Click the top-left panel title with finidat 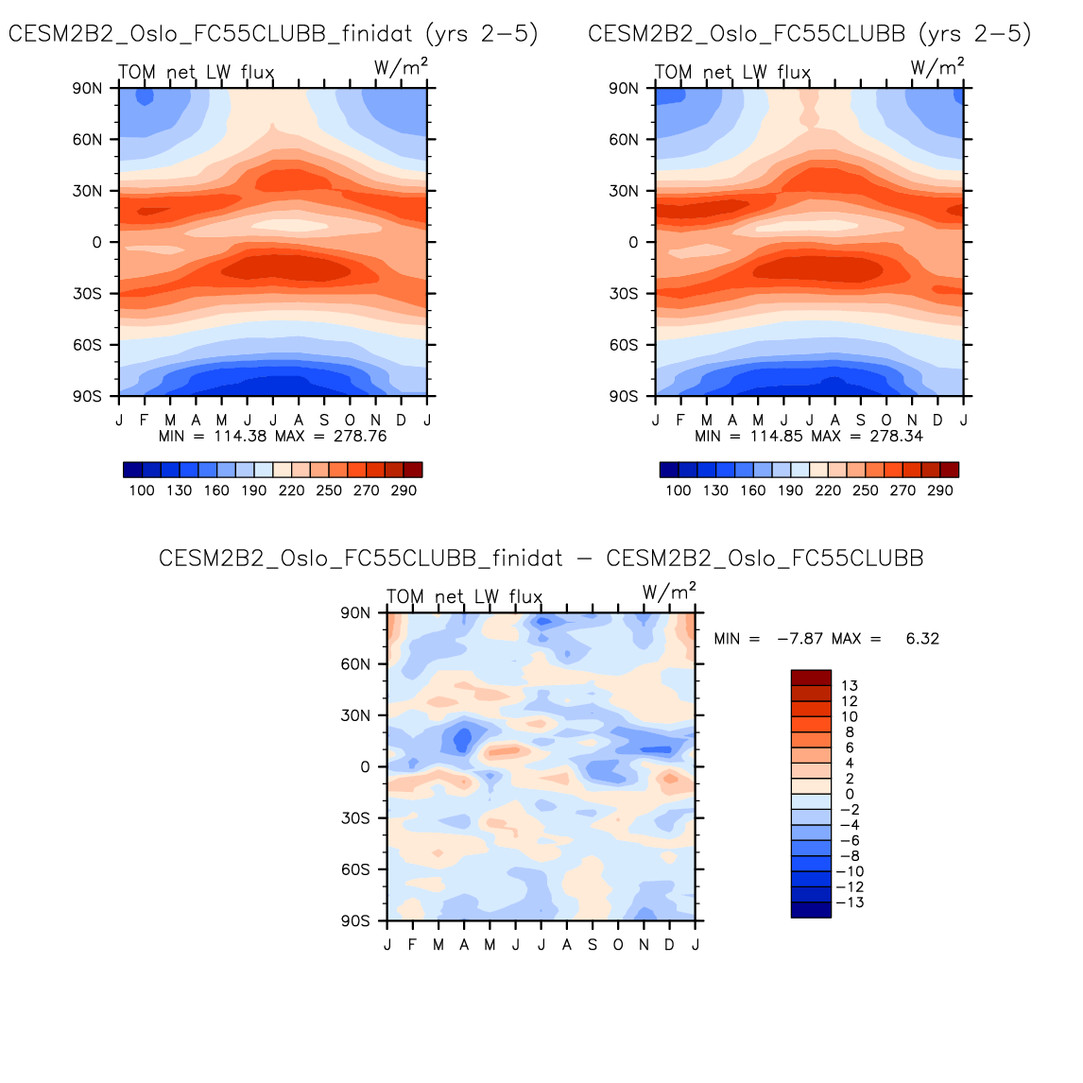(x=273, y=34)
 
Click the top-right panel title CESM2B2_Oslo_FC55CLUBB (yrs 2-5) (x=809, y=34)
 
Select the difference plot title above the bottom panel (x=541, y=559)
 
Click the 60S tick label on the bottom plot (x=354, y=869)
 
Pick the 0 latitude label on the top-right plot (x=632, y=243)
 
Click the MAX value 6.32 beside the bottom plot (x=921, y=639)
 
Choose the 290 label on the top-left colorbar (x=404, y=490)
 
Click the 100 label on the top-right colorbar (x=678, y=490)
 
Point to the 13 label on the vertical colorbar (x=849, y=686)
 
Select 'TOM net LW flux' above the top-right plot (x=732, y=73)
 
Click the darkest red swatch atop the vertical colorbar (x=811, y=678)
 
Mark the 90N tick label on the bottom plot (x=354, y=613)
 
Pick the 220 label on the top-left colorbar (x=291, y=490)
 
